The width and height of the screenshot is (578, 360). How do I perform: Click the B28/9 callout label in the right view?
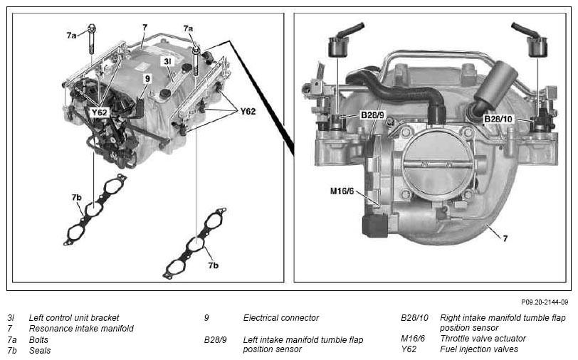pos(372,115)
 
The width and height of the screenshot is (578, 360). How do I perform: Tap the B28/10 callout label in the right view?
pos(498,119)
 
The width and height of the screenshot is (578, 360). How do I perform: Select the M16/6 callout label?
pos(342,191)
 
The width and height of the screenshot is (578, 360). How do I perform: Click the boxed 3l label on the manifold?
pos(167,61)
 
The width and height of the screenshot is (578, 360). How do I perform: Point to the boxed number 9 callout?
pos(147,78)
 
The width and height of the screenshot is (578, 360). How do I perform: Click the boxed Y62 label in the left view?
pos(99,112)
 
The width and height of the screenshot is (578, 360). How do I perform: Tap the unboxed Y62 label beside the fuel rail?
pos(248,111)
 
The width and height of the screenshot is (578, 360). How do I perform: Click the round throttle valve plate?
pos(438,164)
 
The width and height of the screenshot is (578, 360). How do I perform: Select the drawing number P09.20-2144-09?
pos(545,302)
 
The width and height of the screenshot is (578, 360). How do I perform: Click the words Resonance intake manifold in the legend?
pos(81,328)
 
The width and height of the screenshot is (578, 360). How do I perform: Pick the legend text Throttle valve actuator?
pos(483,338)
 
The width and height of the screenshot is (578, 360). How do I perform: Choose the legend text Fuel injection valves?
pos(479,349)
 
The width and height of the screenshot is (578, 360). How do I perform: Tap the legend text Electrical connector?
pos(281,317)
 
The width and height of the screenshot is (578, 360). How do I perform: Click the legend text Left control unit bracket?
pos(74,317)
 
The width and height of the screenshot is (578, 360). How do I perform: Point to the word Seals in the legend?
pos(40,351)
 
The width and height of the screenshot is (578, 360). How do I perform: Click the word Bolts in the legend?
pos(38,340)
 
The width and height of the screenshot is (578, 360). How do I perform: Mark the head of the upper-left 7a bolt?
pos(92,28)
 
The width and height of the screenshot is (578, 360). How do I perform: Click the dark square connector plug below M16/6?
pos(375,225)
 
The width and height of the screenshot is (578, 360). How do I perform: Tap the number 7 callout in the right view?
pos(505,238)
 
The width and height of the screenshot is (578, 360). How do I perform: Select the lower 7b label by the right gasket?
pos(213,265)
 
